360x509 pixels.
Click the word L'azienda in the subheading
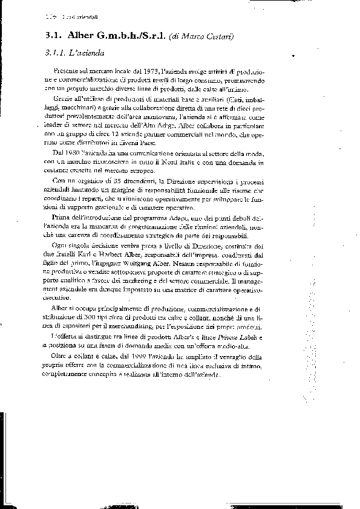coord(90,53)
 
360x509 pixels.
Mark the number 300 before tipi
coord(108,318)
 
